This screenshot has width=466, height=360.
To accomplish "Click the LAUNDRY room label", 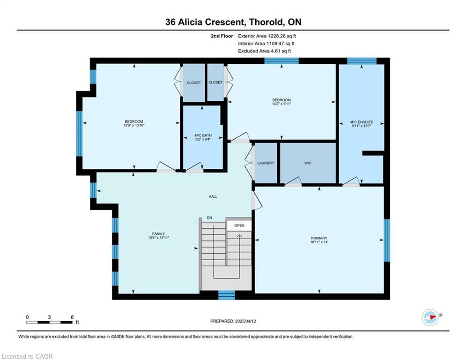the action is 266,163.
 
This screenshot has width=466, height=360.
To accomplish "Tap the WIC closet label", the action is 308,163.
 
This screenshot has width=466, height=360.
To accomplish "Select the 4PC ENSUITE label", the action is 361,122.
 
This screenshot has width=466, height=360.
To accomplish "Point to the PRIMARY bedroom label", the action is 319,238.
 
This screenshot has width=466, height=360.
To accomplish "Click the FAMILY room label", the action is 158,234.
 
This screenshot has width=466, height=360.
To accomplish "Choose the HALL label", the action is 213,196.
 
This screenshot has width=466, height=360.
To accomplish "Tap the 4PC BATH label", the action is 203,135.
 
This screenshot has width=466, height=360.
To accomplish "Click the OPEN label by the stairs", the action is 239,225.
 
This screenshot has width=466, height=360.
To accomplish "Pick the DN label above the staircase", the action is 209,218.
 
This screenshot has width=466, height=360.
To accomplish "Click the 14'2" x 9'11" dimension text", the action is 281,104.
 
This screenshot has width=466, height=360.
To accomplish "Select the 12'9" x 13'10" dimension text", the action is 134,125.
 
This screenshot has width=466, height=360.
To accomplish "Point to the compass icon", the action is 430,317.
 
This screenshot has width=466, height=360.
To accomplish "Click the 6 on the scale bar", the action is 72,317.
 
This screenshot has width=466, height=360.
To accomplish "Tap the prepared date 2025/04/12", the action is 245,321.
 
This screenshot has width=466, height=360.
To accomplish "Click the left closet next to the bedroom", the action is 194,82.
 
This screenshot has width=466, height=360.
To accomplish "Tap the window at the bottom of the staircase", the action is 227,295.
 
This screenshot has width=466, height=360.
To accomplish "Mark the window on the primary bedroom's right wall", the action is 387,240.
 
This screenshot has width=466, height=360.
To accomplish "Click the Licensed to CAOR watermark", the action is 27,356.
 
